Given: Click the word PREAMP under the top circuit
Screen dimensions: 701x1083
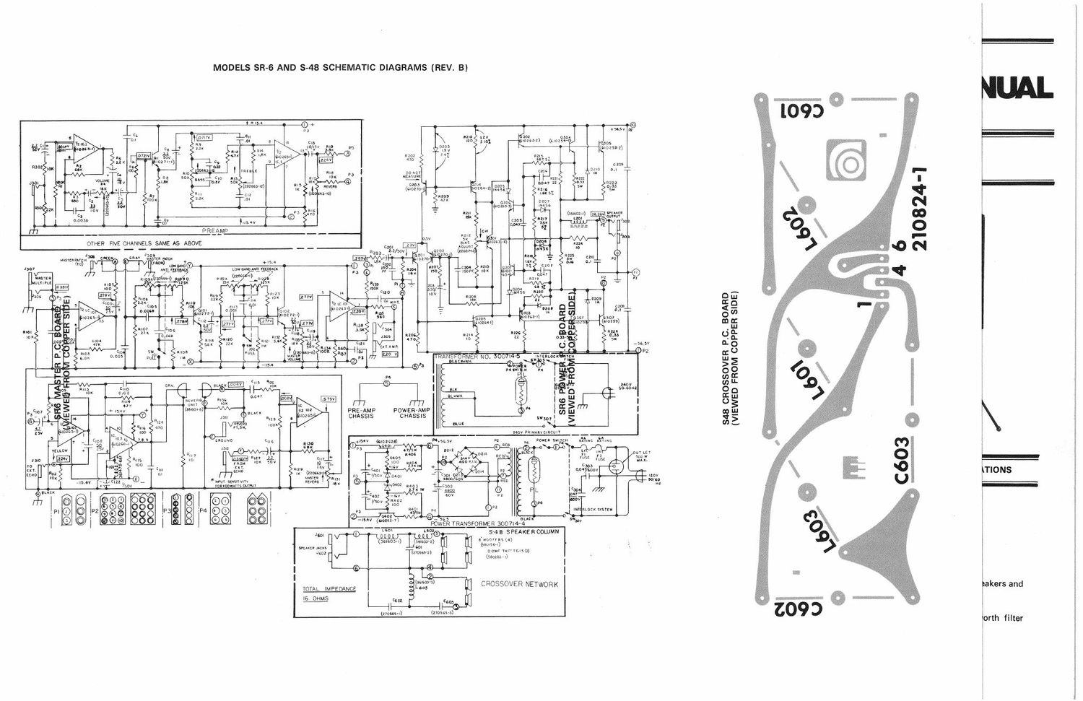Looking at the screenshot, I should pyautogui.click(x=216, y=230).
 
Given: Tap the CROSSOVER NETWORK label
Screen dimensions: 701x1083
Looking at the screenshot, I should pyautogui.click(x=519, y=584).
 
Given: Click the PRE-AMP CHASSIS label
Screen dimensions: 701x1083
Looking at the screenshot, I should pyautogui.click(x=361, y=412).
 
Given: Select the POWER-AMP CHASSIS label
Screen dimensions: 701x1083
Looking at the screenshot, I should pyautogui.click(x=412, y=412).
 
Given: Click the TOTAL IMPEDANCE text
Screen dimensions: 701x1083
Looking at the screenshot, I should pyautogui.click(x=329, y=589).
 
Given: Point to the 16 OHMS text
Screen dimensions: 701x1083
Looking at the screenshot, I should pyautogui.click(x=315, y=599).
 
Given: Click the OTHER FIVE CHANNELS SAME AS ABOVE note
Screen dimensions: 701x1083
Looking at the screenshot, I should pyautogui.click(x=144, y=243).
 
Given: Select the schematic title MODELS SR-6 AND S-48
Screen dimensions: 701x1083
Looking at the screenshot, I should pyautogui.click(x=340, y=68).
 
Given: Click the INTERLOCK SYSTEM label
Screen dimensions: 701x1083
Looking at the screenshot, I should pyautogui.click(x=593, y=509).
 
